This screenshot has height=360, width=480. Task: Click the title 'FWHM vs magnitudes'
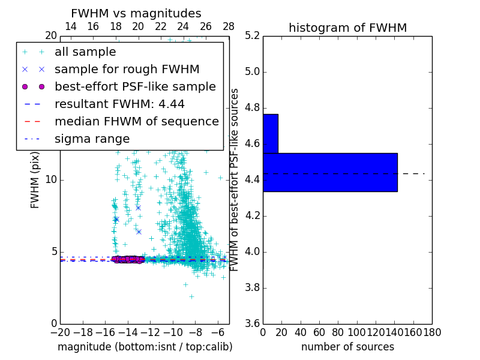136,13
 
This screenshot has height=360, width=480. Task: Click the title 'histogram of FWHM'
347,28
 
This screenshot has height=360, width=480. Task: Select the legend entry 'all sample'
85,52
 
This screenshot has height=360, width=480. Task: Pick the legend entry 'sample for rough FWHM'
127,70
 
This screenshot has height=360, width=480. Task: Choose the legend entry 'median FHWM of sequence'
136,122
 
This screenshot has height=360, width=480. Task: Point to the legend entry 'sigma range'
92,139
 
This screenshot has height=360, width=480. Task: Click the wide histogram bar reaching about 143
330,172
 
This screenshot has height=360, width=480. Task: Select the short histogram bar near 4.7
270,133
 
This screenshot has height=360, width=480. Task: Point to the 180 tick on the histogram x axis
432,332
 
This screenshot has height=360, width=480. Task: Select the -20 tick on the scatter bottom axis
60,332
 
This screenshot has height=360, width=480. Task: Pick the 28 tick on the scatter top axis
229,27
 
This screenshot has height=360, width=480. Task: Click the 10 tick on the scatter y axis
52,180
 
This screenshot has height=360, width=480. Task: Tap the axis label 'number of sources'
347,347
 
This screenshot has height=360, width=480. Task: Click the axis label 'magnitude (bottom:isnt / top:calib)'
145,347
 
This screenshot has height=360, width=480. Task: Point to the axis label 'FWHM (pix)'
35,180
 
